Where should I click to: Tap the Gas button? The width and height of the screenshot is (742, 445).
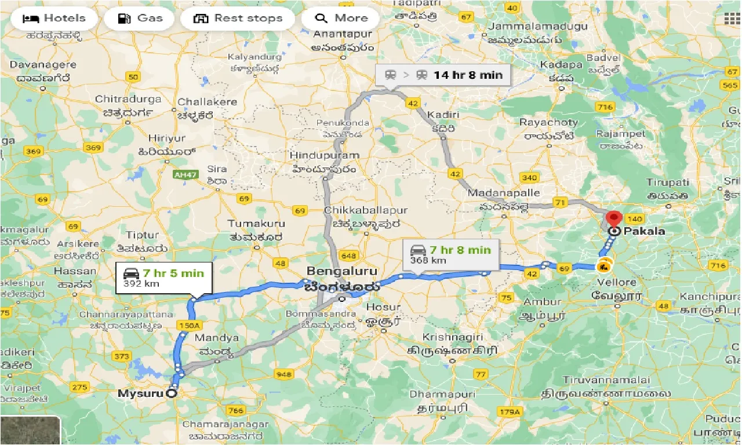[140, 19]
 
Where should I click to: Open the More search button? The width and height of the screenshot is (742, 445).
[340, 19]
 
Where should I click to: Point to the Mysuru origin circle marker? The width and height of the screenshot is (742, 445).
[172, 393]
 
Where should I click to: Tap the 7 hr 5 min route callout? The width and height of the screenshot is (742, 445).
[163, 278]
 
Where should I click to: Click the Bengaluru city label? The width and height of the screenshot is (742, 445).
[342, 271]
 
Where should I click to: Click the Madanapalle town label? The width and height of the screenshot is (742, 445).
[503, 193]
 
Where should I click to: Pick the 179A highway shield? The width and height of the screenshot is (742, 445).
[510, 412]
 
